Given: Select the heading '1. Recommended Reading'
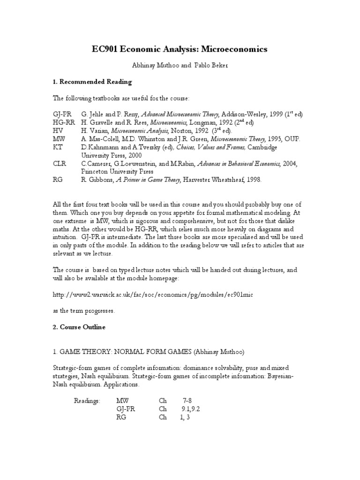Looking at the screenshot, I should coord(92,82).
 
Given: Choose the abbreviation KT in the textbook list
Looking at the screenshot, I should coord(57,147).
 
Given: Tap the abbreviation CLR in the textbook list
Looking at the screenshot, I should coord(60,163).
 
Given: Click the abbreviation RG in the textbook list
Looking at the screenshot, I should coord(58,180).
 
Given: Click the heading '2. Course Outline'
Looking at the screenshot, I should coord(79,327).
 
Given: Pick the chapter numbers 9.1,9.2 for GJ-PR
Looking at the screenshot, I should coord(191,409).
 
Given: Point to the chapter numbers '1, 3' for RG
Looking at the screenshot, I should coord(185,417).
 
